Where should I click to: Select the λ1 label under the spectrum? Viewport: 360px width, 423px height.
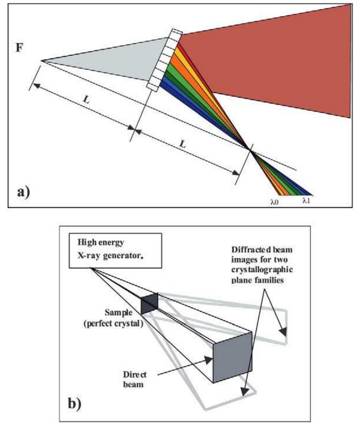[x=307, y=202]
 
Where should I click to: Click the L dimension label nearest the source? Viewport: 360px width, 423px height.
[x=86, y=100]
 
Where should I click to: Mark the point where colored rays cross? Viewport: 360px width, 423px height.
[x=250, y=148]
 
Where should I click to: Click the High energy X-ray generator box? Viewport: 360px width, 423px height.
[x=115, y=251]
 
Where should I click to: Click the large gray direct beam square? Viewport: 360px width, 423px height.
[x=232, y=357]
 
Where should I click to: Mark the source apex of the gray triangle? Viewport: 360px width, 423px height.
[x=41, y=61]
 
